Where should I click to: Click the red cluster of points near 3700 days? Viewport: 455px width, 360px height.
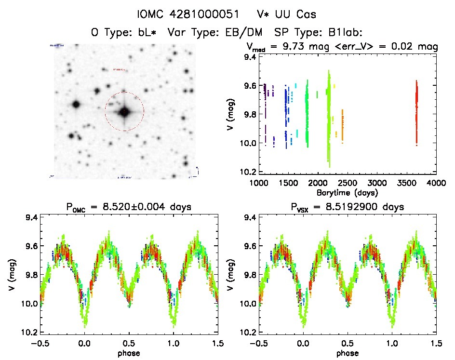[x=416, y=113]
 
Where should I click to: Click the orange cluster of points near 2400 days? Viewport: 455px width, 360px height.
[x=343, y=125]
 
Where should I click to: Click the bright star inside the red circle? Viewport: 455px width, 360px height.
[x=124, y=111]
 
